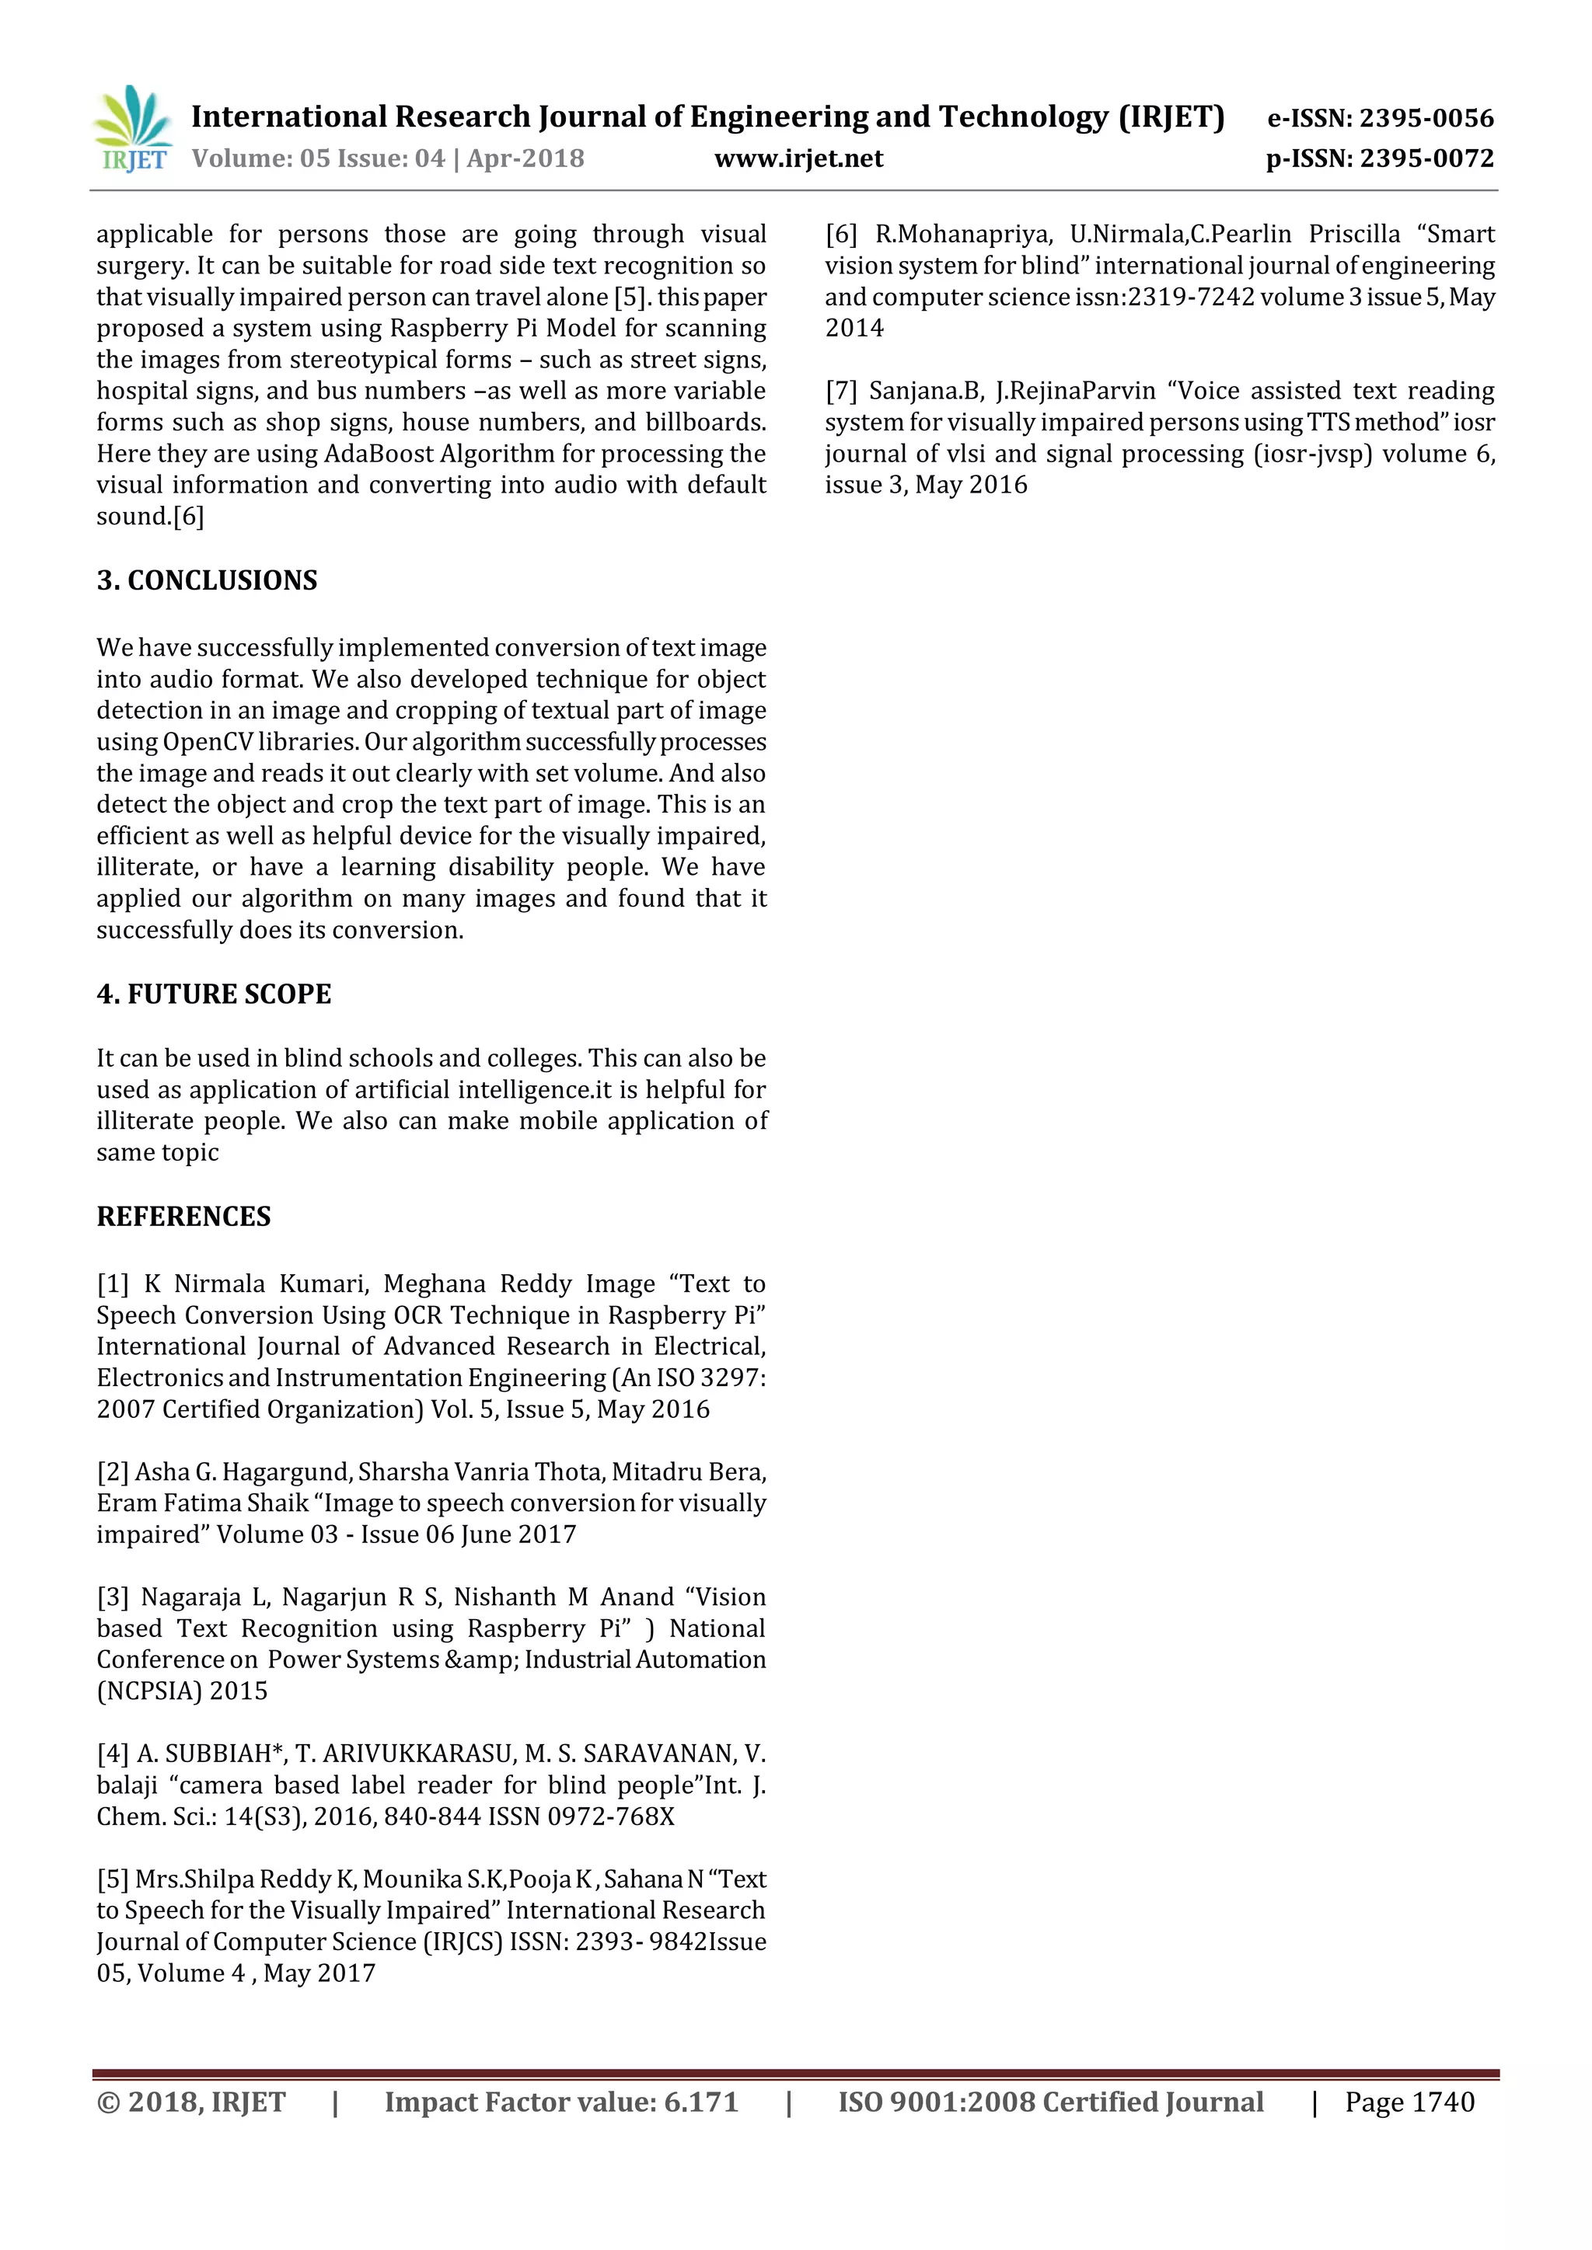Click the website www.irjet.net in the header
798,158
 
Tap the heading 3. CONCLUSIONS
207,580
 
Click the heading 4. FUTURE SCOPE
214,994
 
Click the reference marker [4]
113,1754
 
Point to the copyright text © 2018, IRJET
191,2102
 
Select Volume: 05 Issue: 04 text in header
318,158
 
